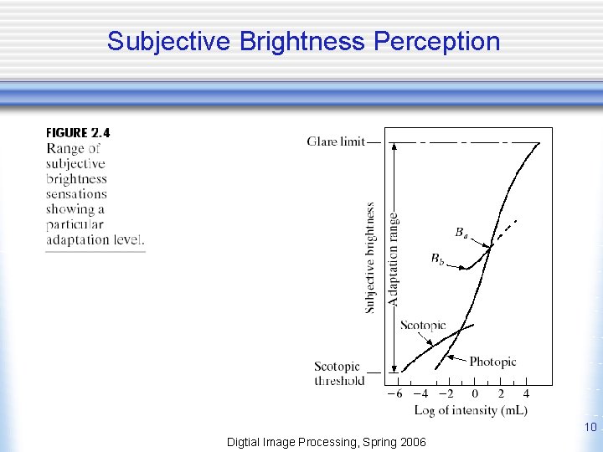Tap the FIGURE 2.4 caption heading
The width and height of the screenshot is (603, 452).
(x=78, y=133)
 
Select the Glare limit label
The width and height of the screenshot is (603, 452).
(x=335, y=141)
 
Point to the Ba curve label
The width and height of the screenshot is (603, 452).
(x=461, y=231)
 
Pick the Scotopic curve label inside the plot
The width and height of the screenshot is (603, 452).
(x=423, y=325)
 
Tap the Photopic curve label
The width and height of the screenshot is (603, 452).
(x=492, y=362)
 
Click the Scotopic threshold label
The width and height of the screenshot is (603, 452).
(x=338, y=373)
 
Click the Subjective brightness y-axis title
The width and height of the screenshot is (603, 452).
(x=369, y=258)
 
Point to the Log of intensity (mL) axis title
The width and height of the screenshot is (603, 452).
(x=471, y=410)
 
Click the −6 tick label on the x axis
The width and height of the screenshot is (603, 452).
(x=394, y=394)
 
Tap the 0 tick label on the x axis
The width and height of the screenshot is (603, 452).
(x=475, y=394)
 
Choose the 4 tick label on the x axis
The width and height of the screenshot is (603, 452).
(x=526, y=394)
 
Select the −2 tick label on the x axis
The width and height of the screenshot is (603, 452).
(x=446, y=394)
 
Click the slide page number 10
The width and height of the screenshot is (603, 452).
(x=590, y=429)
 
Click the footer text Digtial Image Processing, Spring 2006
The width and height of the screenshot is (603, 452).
(x=327, y=441)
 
